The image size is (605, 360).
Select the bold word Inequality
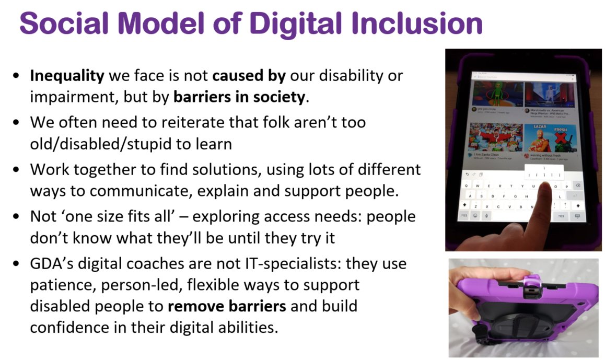tap(67, 76)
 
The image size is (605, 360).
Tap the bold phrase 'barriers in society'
tap(239, 97)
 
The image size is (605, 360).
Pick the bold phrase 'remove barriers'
tap(227, 306)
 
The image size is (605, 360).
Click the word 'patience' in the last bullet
tap(67, 285)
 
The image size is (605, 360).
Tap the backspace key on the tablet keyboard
tap(577, 185)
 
